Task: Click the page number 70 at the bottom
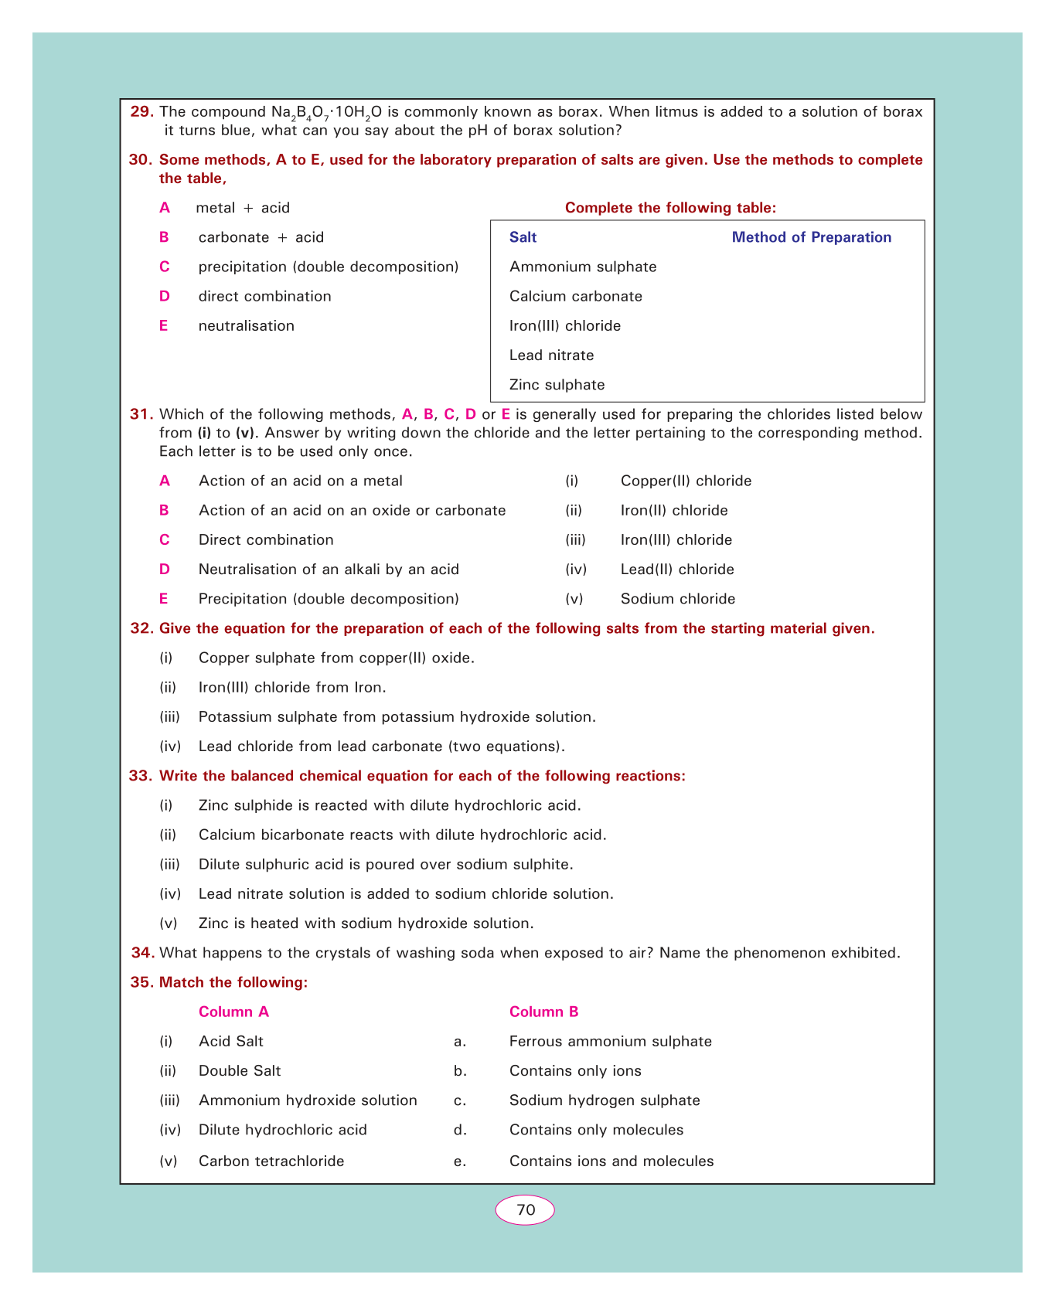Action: pyautogui.click(x=525, y=1210)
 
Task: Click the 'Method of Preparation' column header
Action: pyautogui.click(x=811, y=237)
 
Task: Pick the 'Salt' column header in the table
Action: pyautogui.click(x=523, y=237)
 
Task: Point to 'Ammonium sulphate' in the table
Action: pyautogui.click(x=583, y=267)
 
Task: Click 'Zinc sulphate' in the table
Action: pyautogui.click(x=557, y=385)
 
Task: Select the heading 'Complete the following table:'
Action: pyautogui.click(x=670, y=207)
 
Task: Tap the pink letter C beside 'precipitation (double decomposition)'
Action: pyautogui.click(x=164, y=267)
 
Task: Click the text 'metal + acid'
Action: pyautogui.click(x=243, y=208)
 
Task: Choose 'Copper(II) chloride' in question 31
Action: pyautogui.click(x=686, y=481)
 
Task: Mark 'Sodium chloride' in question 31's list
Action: pyautogui.click(x=677, y=599)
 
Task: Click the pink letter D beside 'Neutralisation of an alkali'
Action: pyautogui.click(x=164, y=570)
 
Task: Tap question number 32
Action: pyautogui.click(x=142, y=628)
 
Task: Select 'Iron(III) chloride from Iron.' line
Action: pyautogui.click(x=291, y=687)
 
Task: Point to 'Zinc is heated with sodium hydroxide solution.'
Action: pyautogui.click(x=366, y=923)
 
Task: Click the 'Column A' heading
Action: pyautogui.click(x=233, y=1012)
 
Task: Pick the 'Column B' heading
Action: pyautogui.click(x=543, y=1012)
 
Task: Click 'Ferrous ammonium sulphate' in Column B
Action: pyautogui.click(x=610, y=1042)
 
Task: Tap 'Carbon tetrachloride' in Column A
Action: pyautogui.click(x=271, y=1161)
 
